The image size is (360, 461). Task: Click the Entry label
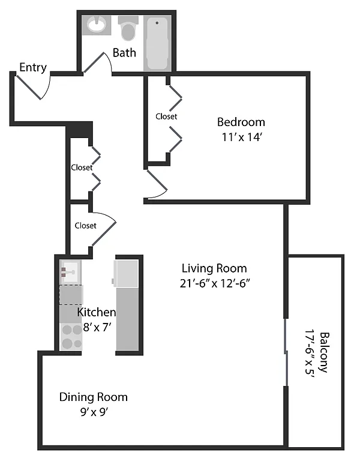[32, 67]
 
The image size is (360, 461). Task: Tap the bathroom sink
[97, 25]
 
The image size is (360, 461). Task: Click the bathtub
[158, 43]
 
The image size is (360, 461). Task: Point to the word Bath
[124, 53]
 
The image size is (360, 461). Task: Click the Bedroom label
[241, 122]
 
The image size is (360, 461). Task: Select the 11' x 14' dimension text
[241, 137]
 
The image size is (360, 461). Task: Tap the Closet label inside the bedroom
[166, 116]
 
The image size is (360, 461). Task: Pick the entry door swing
[36, 87]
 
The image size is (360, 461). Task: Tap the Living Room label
[214, 268]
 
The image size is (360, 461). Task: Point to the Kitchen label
[96, 312]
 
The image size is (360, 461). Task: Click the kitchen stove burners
[71, 336]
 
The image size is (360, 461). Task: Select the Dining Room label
[93, 397]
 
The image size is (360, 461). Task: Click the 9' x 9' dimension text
[93, 412]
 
